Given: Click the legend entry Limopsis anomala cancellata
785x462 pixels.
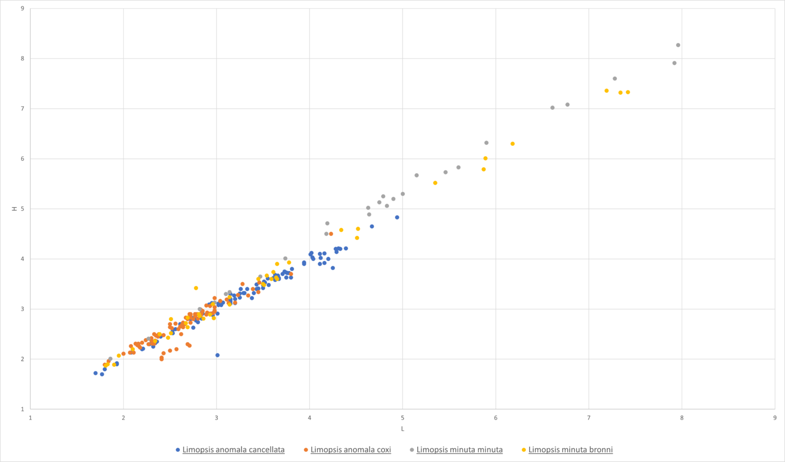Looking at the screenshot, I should tap(233, 450).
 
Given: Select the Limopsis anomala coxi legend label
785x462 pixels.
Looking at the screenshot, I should tap(351, 450).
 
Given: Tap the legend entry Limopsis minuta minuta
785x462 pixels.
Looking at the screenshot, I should tap(459, 450).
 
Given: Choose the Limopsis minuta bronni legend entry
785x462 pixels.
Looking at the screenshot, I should tap(570, 450).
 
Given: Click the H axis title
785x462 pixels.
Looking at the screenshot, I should tap(15, 209).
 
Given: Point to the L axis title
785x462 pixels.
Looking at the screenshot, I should tap(403, 429).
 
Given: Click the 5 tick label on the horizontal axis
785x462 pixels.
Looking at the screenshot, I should tap(403, 417).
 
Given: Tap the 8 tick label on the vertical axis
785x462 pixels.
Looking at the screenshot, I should tap(22, 58).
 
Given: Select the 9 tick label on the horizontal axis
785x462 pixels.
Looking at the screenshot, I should tap(775, 417).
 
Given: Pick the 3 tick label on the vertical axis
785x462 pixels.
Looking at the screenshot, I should tap(22, 309).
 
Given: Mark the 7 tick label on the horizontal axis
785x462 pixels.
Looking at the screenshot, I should tap(589, 417).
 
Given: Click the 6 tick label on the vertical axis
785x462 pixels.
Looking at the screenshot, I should tap(22, 159).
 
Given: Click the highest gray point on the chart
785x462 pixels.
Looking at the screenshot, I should tap(678, 45).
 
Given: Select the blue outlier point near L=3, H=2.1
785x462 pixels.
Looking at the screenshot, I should tap(217, 355).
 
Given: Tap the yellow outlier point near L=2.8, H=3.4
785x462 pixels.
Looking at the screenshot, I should tap(196, 288).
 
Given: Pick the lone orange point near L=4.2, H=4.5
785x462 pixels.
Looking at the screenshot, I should tap(331, 234).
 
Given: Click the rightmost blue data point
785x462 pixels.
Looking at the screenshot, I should tap(397, 217).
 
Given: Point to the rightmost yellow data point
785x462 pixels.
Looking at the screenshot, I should tap(628, 92).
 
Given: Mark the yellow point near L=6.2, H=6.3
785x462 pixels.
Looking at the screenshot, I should tap(513, 144).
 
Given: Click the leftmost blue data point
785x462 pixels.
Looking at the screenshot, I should tap(96, 373).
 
